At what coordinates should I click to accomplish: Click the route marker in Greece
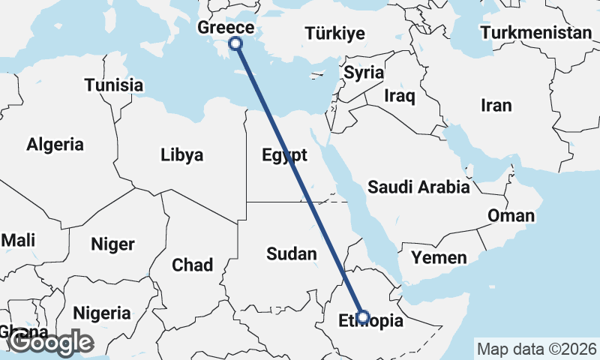(235, 43)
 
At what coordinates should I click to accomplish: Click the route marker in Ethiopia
(363, 317)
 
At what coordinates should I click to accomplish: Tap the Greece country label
(225, 28)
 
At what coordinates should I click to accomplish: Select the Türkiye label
(334, 34)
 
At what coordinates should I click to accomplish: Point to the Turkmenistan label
(536, 33)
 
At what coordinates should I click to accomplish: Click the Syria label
(364, 73)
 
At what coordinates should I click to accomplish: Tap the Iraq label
(399, 96)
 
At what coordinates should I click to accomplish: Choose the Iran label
(496, 106)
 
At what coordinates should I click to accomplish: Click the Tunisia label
(113, 85)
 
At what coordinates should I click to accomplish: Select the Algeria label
(55, 145)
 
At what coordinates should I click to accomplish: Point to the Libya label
(181, 155)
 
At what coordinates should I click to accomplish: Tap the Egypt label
(284, 155)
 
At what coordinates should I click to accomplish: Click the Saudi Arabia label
(418, 187)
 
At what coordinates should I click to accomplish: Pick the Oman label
(511, 216)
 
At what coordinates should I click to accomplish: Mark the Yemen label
(439, 258)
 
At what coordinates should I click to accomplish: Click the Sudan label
(292, 254)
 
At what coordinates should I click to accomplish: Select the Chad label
(192, 265)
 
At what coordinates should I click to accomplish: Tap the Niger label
(112, 244)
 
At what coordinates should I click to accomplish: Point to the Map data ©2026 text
(536, 349)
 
